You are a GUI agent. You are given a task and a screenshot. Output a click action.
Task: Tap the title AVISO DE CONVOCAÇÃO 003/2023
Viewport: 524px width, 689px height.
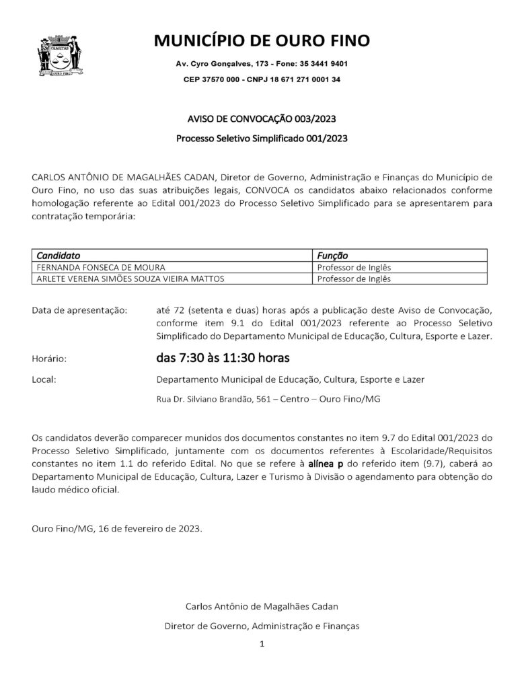[x=262, y=119]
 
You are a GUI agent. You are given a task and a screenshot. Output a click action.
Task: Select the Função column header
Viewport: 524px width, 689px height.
[x=332, y=256]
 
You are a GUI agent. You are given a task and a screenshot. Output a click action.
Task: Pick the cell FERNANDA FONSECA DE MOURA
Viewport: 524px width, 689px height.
[x=101, y=267]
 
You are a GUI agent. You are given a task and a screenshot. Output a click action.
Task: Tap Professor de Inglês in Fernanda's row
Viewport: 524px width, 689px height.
[x=354, y=267]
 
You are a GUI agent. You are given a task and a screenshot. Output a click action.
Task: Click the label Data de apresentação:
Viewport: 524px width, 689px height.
[x=79, y=310]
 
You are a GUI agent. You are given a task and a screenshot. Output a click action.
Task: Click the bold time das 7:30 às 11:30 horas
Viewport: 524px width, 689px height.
[x=223, y=357]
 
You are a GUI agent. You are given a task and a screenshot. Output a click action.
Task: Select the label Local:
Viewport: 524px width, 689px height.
[x=44, y=379]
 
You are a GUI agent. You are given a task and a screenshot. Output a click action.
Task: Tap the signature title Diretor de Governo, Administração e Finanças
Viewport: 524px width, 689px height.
[x=262, y=625]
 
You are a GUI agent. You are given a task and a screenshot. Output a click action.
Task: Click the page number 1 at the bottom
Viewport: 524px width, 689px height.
[x=262, y=644]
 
